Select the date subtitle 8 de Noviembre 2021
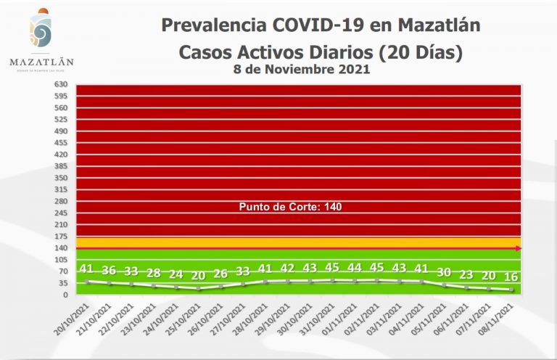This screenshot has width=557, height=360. (x=302, y=70)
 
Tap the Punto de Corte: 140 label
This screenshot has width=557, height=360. (x=290, y=207)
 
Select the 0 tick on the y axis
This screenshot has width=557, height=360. (x=65, y=295)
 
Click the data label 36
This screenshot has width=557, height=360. (x=109, y=270)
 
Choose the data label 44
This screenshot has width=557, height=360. (x=355, y=268)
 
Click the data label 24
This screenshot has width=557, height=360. (x=176, y=274)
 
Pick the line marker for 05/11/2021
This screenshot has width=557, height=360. (x=444, y=285)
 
